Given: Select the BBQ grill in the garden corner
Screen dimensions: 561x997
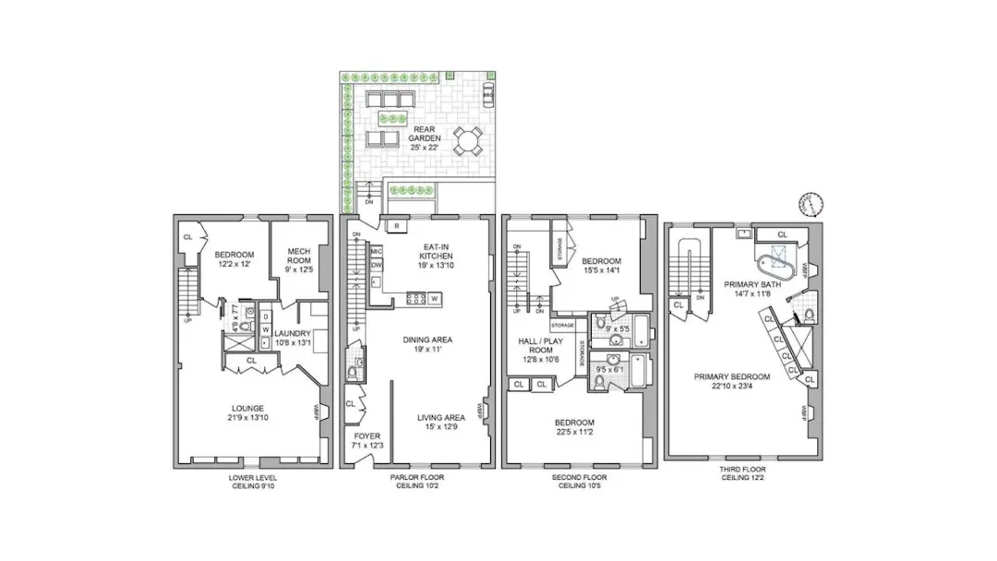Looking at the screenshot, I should pos(487,92).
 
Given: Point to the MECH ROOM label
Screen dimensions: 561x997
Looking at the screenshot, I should pos(298,256).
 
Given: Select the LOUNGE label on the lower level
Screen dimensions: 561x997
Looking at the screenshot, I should pos(247,408).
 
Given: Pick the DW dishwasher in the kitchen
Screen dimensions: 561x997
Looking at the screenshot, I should pos(377,266).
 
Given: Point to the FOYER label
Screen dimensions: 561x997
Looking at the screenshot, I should pos(366,436).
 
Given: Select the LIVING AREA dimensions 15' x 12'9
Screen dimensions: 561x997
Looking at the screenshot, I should pos(439,427).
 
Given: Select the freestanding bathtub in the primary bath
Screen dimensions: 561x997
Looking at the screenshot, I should pos(777,261).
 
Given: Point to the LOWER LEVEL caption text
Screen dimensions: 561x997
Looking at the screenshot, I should pos(252,477).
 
